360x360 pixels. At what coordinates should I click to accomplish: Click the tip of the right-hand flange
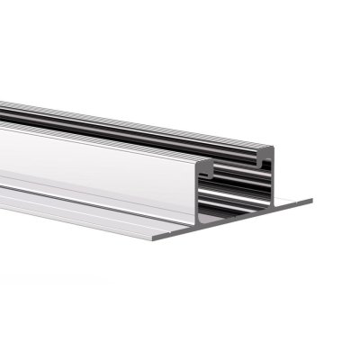310,200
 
